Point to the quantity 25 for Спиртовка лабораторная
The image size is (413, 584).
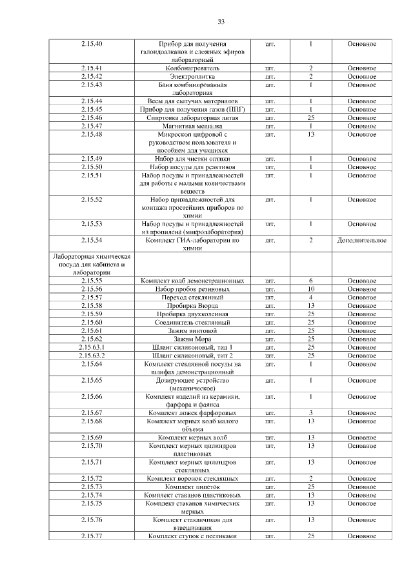click(310, 117)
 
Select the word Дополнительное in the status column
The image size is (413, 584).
click(361, 240)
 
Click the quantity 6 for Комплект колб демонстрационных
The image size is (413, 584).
click(310, 281)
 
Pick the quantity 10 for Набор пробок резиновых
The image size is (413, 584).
click(310, 289)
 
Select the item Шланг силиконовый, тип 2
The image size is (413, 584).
click(192, 355)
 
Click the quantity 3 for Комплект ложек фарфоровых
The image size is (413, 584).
click(310, 412)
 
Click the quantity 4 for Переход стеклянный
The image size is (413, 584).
click(310, 297)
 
